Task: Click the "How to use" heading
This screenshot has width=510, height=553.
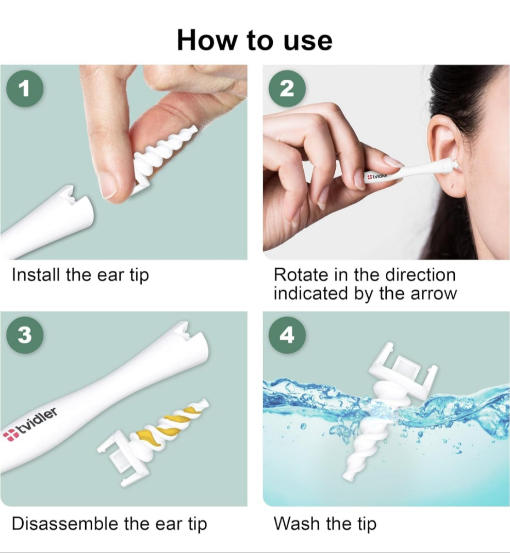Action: pyautogui.click(x=255, y=40)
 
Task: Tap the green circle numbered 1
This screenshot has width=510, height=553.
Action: pyautogui.click(x=24, y=89)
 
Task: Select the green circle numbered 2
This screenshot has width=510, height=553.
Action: pyautogui.click(x=287, y=89)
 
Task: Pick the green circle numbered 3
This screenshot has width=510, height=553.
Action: pyautogui.click(x=24, y=335)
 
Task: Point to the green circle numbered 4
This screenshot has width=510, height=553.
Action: pyautogui.click(x=287, y=335)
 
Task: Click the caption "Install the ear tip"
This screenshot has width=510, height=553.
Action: pyautogui.click(x=80, y=275)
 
